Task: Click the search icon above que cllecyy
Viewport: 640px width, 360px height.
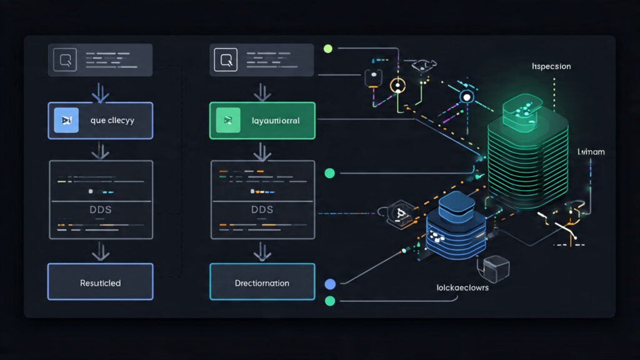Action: click(65, 61)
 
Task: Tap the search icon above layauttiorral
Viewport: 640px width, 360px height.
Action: click(226, 61)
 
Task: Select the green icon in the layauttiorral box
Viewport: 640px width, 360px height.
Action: click(227, 120)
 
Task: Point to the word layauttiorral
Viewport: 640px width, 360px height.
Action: click(275, 120)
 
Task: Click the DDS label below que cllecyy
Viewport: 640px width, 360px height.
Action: click(101, 209)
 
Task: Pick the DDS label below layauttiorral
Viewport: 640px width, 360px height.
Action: click(262, 209)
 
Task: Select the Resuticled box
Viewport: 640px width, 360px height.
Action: click(100, 282)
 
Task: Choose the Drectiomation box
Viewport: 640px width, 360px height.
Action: click(262, 282)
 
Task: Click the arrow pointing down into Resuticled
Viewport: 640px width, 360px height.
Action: click(100, 251)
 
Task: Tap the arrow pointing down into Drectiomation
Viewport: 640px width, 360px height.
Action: click(262, 251)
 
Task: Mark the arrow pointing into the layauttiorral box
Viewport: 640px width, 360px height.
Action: click(262, 92)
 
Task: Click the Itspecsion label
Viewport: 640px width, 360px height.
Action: click(551, 66)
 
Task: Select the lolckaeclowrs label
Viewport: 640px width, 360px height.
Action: click(462, 288)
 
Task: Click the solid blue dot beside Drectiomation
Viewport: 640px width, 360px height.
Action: click(331, 284)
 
